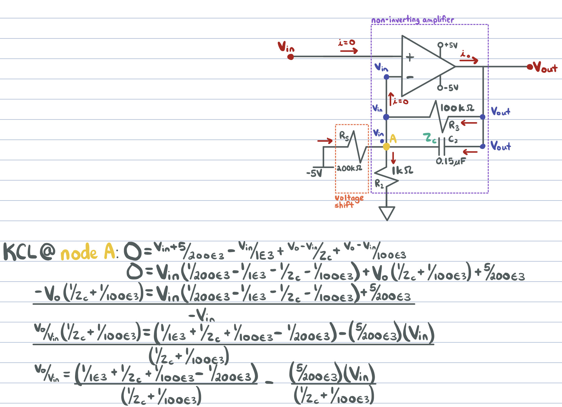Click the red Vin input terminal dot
click(290, 57)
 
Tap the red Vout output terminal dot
click(530, 67)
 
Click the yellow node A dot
click(386, 147)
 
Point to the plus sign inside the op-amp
click(410, 57)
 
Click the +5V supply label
click(451, 45)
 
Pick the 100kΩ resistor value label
click(457, 108)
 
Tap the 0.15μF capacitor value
click(450, 161)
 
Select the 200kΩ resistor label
click(349, 168)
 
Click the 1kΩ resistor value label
click(402, 170)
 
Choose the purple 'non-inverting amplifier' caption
click(412, 20)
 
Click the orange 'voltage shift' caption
click(349, 201)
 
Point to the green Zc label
click(429, 138)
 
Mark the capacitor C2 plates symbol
click(442, 146)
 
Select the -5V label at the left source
click(314, 173)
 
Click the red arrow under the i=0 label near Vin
click(349, 51)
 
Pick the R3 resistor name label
click(454, 126)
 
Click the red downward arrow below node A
click(393, 158)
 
